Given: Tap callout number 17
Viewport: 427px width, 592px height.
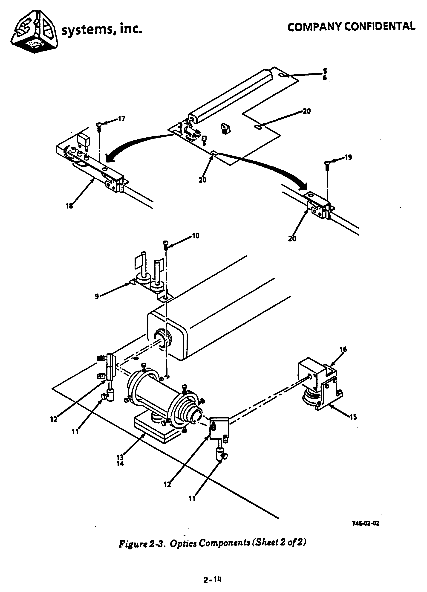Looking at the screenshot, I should (121, 119).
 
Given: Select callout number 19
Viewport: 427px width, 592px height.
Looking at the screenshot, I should (348, 157).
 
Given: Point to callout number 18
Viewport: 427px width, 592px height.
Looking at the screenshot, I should (69, 206).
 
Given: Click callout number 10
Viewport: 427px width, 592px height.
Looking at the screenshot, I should (196, 236).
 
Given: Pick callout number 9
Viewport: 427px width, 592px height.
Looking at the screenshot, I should (97, 296).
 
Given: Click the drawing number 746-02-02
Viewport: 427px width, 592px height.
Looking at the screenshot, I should (365, 523).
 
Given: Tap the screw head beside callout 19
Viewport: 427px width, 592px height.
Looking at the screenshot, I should (327, 163).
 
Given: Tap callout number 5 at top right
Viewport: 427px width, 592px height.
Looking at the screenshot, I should (325, 71).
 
